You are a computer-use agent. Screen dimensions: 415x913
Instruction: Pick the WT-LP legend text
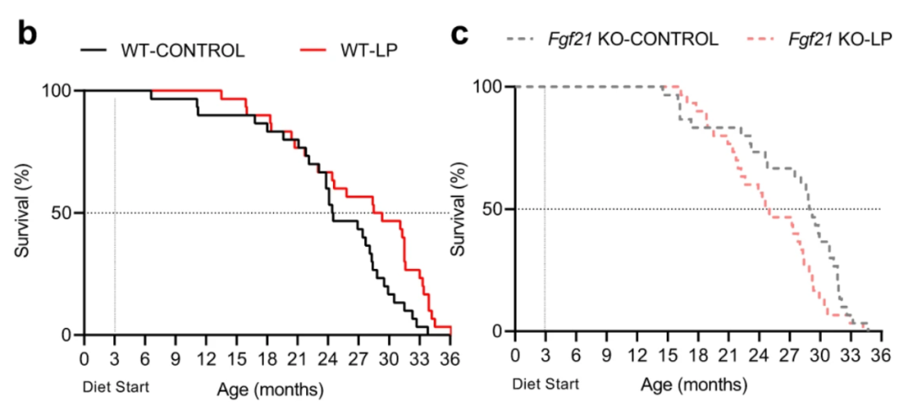(x=368, y=50)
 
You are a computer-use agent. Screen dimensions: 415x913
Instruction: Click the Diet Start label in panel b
(x=116, y=389)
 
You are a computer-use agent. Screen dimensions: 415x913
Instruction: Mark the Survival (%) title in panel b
(x=26, y=211)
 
